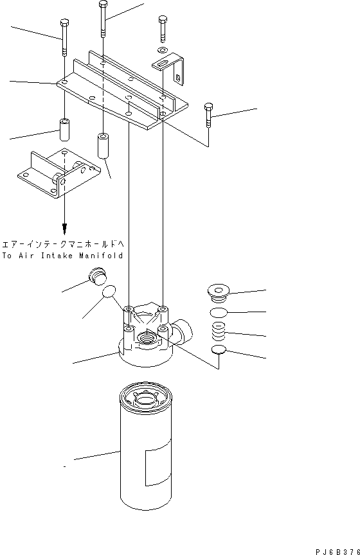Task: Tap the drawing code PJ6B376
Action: pos(336,550)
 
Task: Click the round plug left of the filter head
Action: pos(96,277)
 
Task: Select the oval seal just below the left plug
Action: pos(110,293)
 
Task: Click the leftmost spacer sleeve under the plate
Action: pos(64,130)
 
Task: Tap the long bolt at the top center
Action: pos(103,19)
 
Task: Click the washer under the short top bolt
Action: pos(161,49)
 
